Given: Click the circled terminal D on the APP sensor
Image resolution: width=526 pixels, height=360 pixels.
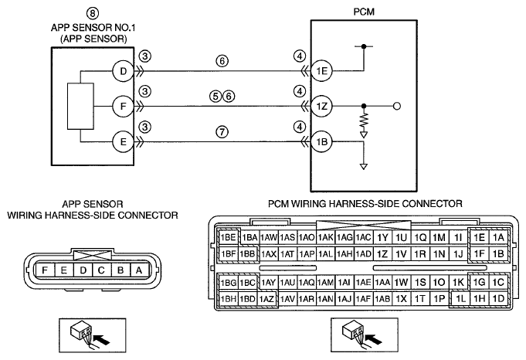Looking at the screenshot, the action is coord(123,71).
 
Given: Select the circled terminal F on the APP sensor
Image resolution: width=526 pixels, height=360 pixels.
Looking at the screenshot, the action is coord(123,107).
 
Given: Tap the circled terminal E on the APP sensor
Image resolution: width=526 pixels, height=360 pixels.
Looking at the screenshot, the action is coord(123,141).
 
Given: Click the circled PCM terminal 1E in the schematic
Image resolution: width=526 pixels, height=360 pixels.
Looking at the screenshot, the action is coord(321,71).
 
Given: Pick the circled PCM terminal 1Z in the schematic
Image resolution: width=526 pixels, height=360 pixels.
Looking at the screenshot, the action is coord(321,107).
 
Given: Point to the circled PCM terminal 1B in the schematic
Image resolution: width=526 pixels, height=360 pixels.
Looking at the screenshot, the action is coord(321,141).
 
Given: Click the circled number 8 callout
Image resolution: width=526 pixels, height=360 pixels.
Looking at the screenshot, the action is coord(93,13).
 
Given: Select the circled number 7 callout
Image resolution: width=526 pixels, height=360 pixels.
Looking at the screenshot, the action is coord(222,132).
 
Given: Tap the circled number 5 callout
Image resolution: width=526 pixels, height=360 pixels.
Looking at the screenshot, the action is coord(215,97).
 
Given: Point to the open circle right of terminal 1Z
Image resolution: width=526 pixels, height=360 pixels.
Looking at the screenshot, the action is coord(396,107).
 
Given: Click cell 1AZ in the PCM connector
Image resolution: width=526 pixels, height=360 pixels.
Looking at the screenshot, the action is coord(267,299).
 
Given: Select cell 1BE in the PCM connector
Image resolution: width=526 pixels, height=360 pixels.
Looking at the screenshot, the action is coord(228,237).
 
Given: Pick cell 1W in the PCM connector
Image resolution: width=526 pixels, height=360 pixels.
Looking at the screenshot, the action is coord(401,283).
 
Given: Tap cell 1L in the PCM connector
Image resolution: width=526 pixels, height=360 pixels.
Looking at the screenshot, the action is coord(460,299).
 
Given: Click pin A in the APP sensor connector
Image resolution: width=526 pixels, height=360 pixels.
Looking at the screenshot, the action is coord(138,270).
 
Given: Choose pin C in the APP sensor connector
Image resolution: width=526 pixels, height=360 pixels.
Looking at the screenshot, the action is coord(101,270).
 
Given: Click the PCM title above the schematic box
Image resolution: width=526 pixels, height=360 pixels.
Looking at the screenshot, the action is coord(364,12).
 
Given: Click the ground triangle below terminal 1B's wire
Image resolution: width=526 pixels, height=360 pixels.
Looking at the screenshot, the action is coord(363,166).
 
